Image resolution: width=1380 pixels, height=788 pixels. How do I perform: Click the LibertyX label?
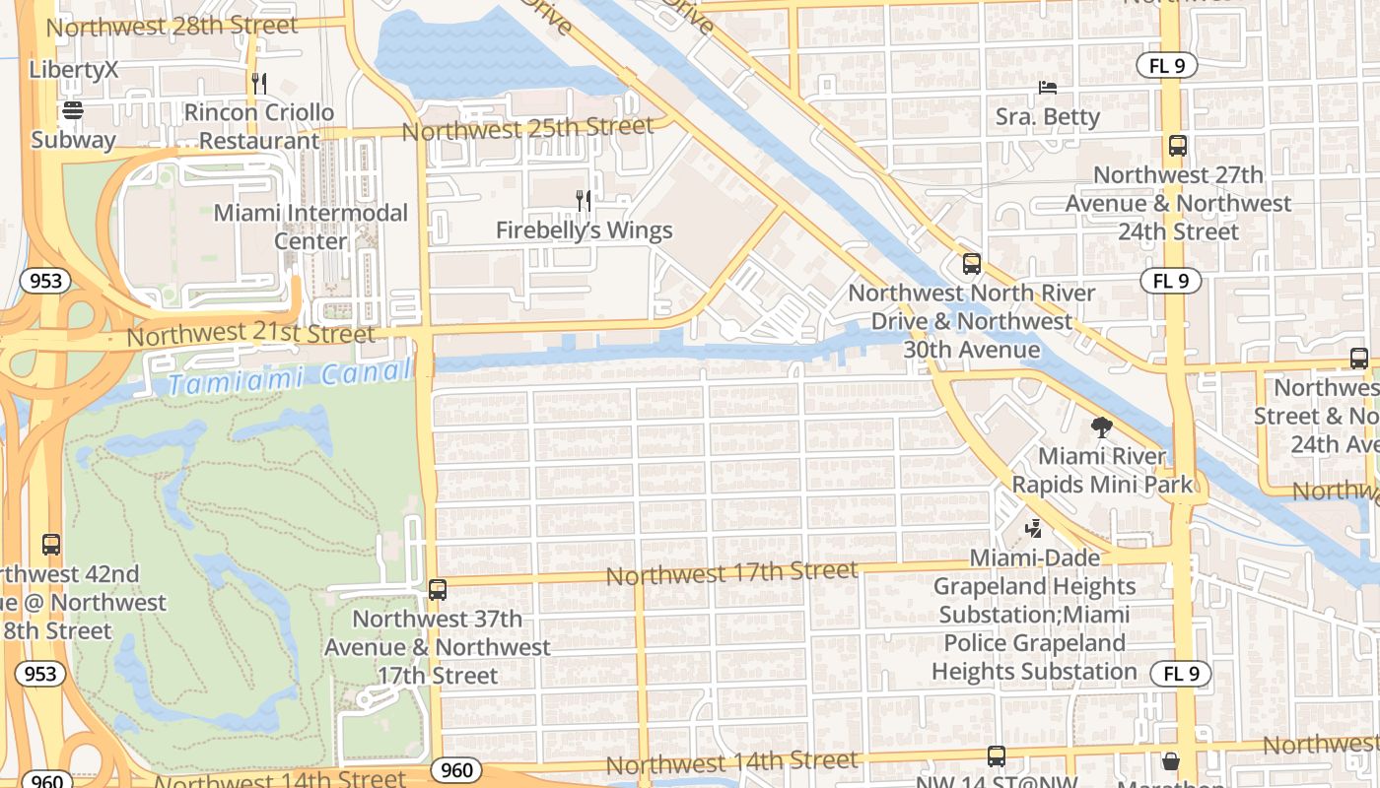click(x=74, y=70)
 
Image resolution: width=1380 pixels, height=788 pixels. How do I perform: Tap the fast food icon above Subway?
click(x=73, y=109)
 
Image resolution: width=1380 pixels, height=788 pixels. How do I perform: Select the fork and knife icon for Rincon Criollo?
click(x=259, y=84)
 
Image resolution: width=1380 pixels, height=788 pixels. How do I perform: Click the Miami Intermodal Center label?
click(x=310, y=227)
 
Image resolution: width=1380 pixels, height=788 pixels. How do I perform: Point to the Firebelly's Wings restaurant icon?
click(x=584, y=201)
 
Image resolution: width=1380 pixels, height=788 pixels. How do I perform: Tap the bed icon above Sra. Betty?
click(x=1047, y=88)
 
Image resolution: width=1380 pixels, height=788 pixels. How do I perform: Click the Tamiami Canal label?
click(x=288, y=377)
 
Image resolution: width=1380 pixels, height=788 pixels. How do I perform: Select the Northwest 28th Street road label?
click(x=172, y=26)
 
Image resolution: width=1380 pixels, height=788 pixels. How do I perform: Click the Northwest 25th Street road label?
click(x=527, y=128)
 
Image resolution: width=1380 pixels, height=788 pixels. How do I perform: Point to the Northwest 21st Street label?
click(x=250, y=334)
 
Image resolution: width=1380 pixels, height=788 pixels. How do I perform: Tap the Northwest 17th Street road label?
click(x=731, y=572)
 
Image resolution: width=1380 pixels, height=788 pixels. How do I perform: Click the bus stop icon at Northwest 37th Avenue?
click(x=438, y=590)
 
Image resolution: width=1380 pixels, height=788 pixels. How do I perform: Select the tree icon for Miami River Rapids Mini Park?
click(x=1102, y=427)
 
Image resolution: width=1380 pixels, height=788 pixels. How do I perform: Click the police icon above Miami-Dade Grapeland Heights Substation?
click(x=1033, y=529)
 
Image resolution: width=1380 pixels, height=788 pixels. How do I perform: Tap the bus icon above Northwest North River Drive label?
click(x=972, y=264)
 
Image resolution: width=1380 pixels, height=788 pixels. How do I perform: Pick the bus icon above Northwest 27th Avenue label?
click(x=1178, y=146)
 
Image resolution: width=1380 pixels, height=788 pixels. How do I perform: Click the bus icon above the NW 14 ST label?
click(x=997, y=756)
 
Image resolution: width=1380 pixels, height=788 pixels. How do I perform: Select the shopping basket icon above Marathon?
click(x=1170, y=761)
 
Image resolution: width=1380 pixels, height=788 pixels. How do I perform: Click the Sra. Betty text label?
click(x=1047, y=117)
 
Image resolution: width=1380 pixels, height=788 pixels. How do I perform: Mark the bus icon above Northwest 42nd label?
click(x=51, y=545)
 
